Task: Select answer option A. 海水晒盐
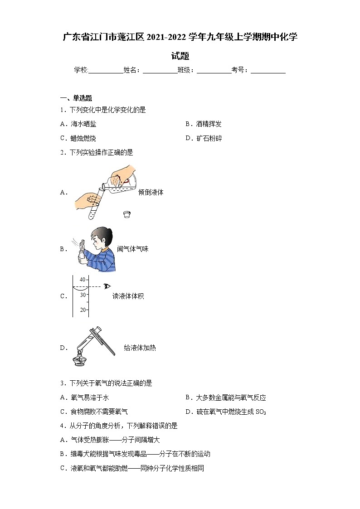pyautogui.click(x=78, y=124)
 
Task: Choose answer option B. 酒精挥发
pyautogui.click(x=204, y=124)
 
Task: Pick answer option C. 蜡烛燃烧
pyautogui.click(x=78, y=139)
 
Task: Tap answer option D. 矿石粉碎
pyautogui.click(x=204, y=139)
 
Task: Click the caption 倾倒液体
pyautogui.click(x=151, y=192)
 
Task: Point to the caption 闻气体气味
pyautogui.click(x=132, y=249)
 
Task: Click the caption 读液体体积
pyautogui.click(x=128, y=296)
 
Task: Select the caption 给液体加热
pyautogui.click(x=140, y=348)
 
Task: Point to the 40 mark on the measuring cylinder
pyautogui.click(x=83, y=280)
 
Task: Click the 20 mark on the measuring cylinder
pyautogui.click(x=83, y=310)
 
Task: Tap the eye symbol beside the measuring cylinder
pyautogui.click(x=107, y=286)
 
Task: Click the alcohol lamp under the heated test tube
pyautogui.click(x=81, y=360)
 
